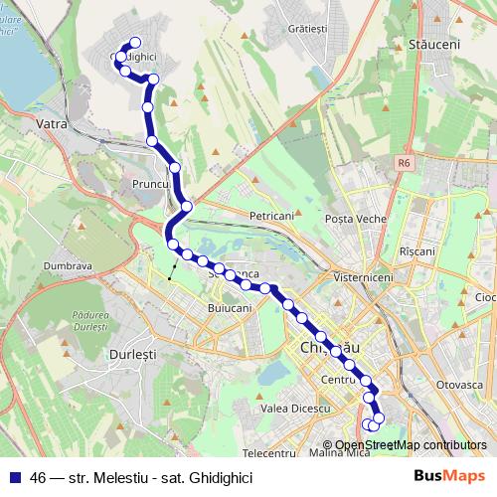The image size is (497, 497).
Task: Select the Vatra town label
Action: click(50, 124)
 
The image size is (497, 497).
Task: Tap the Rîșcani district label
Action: click(416, 251)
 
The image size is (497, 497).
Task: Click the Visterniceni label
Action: click(364, 277)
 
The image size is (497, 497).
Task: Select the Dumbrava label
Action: click(68, 266)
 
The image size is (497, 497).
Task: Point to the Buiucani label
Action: click(230, 309)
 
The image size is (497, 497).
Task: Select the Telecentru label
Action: click(269, 453)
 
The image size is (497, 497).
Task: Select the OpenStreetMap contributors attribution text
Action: click(411, 445)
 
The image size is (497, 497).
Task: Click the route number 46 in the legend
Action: click(38, 478)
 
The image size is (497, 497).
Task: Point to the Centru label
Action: click(339, 380)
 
